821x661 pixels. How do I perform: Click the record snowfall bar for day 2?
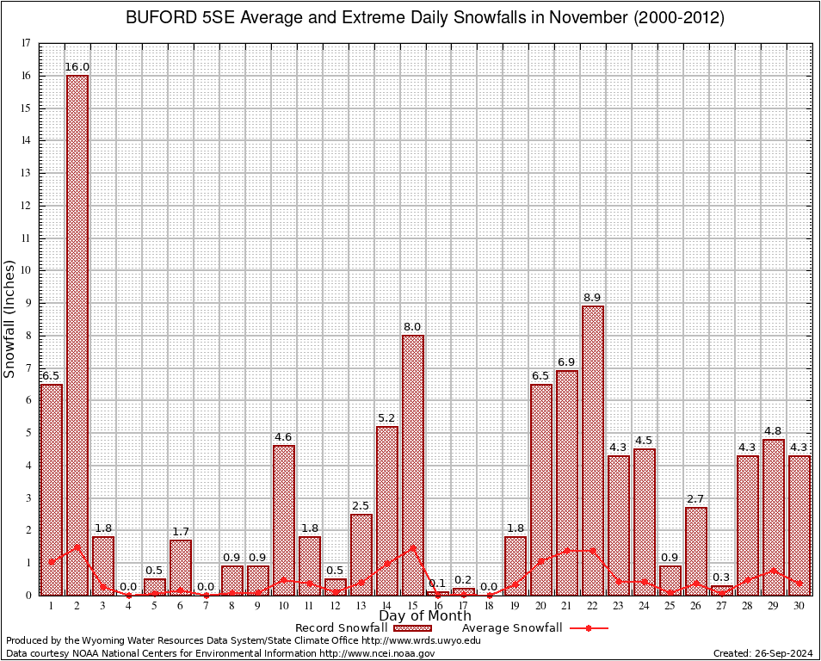click(77, 336)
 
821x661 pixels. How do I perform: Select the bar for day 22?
click(593, 450)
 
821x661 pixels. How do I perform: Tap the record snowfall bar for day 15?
click(413, 465)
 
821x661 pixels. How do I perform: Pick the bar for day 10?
click(284, 520)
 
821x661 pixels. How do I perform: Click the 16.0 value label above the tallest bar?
click(77, 66)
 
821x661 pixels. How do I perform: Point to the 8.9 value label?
click(593, 298)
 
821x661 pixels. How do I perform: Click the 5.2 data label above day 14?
click(386, 418)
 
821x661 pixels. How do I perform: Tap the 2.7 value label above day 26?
click(696, 499)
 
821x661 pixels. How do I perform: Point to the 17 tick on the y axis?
click(26, 43)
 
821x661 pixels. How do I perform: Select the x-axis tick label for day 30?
click(799, 606)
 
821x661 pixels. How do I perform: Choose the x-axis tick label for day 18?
click(490, 606)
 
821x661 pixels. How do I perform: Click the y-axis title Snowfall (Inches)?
click(10, 318)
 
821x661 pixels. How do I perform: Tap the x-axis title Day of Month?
click(424, 616)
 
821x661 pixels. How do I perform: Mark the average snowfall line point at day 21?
click(567, 550)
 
